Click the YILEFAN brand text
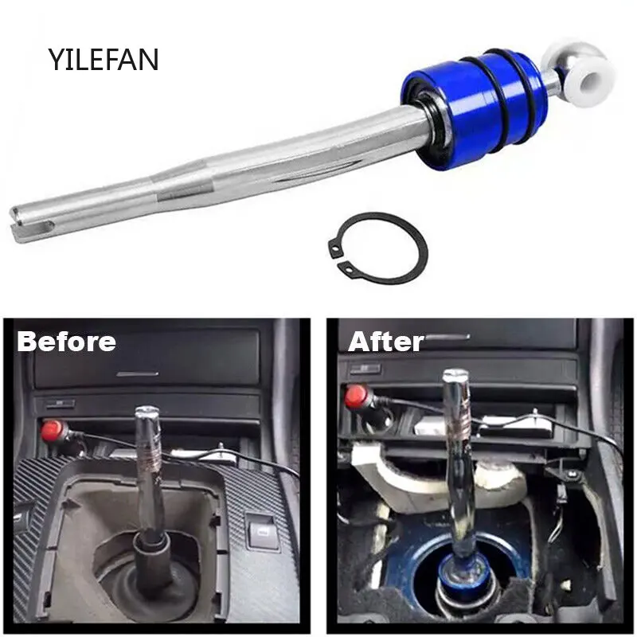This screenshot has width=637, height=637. [x=104, y=59]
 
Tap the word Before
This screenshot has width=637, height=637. [x=67, y=342]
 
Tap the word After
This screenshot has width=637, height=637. [x=385, y=342]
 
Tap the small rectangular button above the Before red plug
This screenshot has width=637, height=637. [x=60, y=404]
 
